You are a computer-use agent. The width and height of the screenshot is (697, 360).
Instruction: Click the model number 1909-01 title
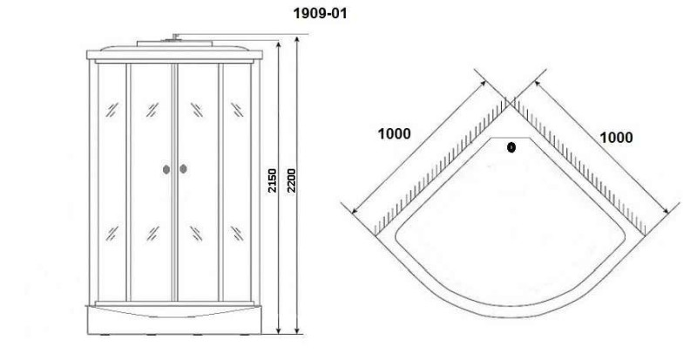[x=320, y=13]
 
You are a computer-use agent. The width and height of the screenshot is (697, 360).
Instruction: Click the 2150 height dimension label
[x=272, y=180]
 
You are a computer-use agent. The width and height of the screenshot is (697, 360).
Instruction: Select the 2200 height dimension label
[x=291, y=180]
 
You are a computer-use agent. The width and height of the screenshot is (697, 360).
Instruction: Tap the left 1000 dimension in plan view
[x=395, y=133]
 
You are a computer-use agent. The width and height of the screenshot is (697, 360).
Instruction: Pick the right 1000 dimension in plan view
[x=616, y=138]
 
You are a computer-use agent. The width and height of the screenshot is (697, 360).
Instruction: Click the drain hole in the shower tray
[x=511, y=147]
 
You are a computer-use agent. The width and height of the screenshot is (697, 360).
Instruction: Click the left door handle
[x=166, y=169]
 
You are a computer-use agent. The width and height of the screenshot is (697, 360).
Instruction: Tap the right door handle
[x=183, y=168]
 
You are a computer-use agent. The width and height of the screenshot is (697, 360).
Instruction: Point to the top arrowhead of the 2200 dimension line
[x=297, y=38]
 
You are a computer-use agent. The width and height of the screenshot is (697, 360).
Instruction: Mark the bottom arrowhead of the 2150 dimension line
[x=279, y=329]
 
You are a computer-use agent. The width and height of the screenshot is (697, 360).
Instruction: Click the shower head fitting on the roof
[x=174, y=37]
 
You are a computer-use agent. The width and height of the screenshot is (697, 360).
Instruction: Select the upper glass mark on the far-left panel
[x=112, y=110]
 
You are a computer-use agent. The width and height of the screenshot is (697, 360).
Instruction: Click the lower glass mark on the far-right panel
[x=237, y=234]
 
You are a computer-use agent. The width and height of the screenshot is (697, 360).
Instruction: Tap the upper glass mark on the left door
[x=152, y=110]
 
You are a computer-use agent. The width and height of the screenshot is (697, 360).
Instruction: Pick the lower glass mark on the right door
[x=197, y=234]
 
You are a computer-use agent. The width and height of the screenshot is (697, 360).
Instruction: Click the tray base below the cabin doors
[x=173, y=320]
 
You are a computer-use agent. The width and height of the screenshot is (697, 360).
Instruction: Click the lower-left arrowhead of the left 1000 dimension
[x=355, y=210]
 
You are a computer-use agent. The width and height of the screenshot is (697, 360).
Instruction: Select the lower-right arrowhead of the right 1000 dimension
[x=666, y=210]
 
